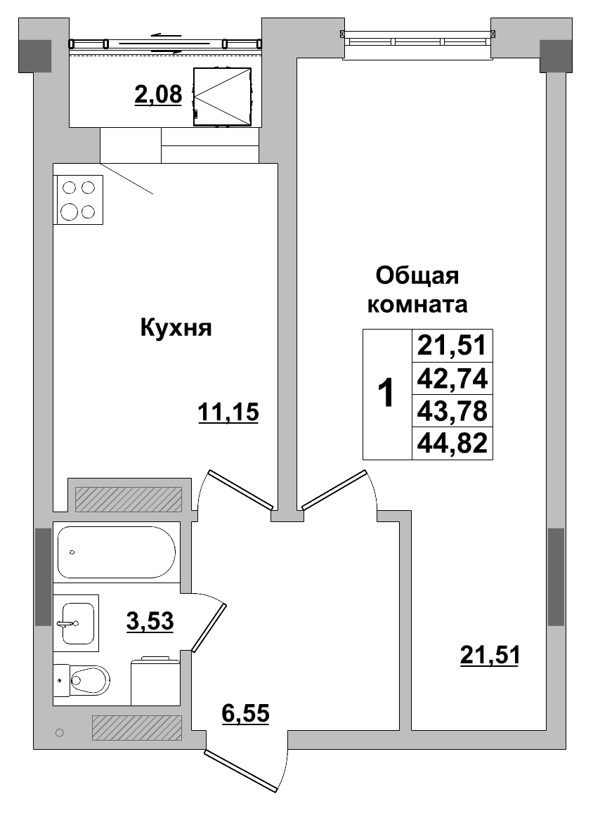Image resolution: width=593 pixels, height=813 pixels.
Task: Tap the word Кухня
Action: tap(176, 327)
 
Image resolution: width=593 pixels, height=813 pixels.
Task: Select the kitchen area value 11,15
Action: tap(228, 413)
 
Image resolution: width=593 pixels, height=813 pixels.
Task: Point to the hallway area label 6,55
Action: tap(245, 714)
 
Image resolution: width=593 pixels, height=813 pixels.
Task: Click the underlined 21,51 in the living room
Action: tap(490, 655)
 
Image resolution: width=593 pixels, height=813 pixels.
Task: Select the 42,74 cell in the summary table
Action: tap(452, 379)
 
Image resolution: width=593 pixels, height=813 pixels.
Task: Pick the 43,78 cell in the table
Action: tap(452, 410)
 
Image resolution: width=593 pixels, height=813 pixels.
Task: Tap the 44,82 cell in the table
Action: tap(452, 443)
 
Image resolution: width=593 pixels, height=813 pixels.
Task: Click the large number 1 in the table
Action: tap(386, 394)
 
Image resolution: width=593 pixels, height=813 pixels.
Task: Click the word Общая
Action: tap(417, 275)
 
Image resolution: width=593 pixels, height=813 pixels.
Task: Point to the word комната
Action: tap(418, 305)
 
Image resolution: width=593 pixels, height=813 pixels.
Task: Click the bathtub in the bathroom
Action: tap(116, 552)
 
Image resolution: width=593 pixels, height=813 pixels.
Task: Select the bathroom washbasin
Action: tap(77, 623)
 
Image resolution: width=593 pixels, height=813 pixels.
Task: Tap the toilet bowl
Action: tap(89, 680)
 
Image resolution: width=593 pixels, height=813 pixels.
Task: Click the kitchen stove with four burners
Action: tap(79, 200)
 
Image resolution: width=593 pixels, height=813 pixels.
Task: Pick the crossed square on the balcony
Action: tap(222, 96)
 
